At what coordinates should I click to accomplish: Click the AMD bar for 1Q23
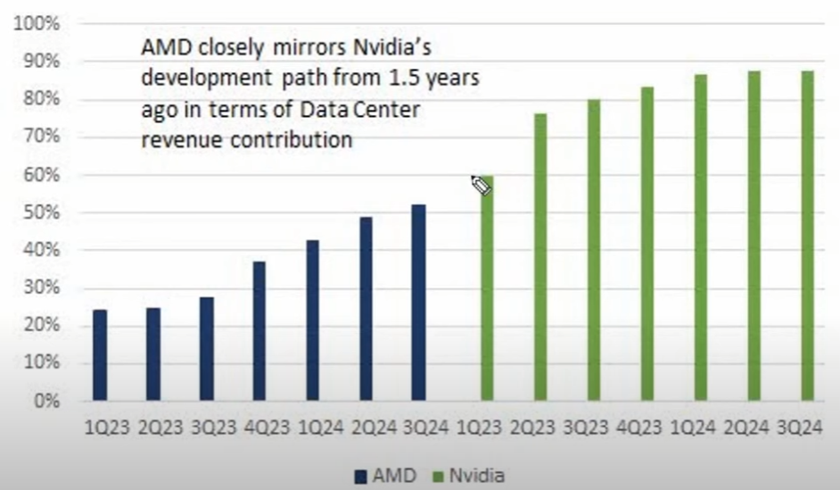(x=100, y=355)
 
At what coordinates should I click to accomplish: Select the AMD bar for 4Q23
(x=259, y=331)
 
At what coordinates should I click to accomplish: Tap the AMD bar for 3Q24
(x=419, y=303)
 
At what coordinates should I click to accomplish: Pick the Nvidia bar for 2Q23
(x=540, y=257)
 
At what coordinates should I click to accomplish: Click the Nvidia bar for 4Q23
(x=647, y=244)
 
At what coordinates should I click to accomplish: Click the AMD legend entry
(x=385, y=477)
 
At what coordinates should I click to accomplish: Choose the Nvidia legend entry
(x=467, y=477)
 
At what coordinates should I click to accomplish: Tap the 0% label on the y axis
(x=45, y=401)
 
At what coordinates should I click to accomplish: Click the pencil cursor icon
(x=481, y=185)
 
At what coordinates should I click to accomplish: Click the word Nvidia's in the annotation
(x=393, y=47)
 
